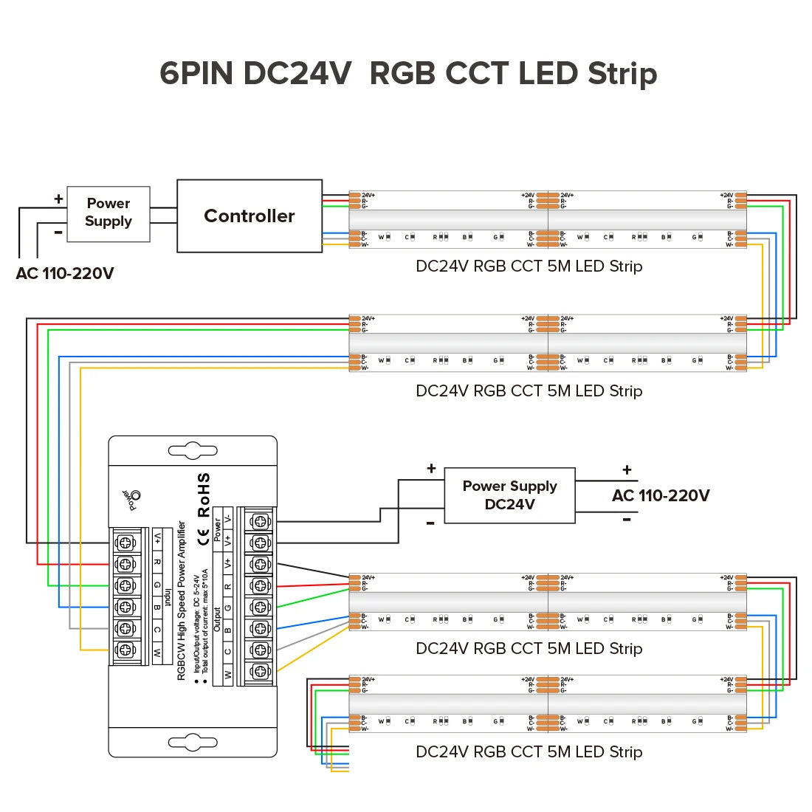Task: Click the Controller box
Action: (250, 216)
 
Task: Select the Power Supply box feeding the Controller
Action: (109, 213)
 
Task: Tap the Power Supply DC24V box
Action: (509, 495)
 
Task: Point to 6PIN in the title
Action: (196, 74)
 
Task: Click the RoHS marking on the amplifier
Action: (204, 495)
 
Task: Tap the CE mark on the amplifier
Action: (204, 537)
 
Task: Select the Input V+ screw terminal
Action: (125, 543)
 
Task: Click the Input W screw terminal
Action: (125, 650)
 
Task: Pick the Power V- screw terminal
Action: (260, 521)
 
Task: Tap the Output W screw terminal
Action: (260, 671)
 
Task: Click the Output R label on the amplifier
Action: (228, 587)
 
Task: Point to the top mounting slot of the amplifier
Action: (193, 450)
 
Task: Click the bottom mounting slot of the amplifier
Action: (193, 742)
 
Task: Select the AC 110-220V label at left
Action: (65, 274)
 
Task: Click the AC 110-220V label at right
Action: (661, 495)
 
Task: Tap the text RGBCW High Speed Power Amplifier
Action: (182, 601)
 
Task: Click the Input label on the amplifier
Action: (168, 597)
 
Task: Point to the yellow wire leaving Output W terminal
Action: (310, 650)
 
